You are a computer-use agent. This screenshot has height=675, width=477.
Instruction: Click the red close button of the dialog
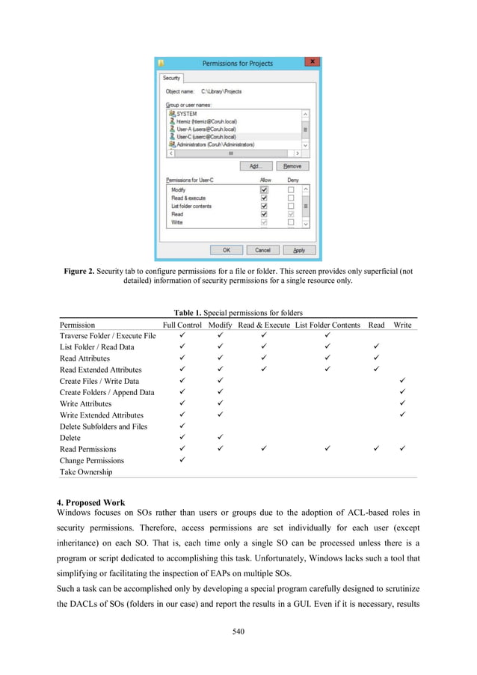[313, 61]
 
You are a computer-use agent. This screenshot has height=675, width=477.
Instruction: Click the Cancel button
[262, 250]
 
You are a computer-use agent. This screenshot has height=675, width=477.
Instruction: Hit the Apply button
[299, 250]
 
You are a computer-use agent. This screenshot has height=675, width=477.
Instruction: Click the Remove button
[292, 165]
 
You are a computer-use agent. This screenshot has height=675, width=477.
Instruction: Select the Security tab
[171, 78]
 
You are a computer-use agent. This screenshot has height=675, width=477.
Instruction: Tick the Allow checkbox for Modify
[263, 190]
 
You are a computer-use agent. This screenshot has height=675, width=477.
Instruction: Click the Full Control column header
[182, 325]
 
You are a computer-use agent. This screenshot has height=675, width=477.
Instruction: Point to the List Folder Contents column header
[328, 325]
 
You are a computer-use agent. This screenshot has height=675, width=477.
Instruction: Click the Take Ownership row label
[86, 472]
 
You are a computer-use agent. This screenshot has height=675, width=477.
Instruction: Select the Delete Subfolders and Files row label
[103, 427]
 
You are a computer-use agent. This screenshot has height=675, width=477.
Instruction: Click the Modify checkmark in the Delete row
[220, 438]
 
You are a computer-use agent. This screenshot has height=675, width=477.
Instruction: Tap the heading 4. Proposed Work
[93, 502]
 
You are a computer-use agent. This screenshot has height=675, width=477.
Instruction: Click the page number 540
[238, 632]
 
